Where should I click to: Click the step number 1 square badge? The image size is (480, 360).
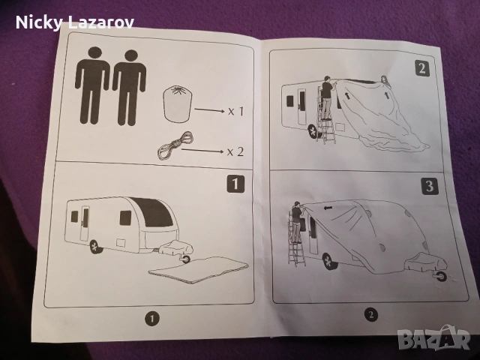[235, 184]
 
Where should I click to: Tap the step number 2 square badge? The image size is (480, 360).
[422, 68]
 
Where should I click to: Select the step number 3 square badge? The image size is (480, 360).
[430, 186]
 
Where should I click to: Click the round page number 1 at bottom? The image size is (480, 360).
[152, 319]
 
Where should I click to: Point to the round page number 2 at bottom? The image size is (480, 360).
[371, 314]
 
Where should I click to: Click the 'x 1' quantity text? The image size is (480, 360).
[236, 111]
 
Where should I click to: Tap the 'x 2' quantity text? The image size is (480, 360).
[235, 151]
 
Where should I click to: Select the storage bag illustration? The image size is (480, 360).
[178, 104]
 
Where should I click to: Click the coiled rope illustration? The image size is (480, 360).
[175, 145]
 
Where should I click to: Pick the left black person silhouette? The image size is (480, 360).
[92, 85]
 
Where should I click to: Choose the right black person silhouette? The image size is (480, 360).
[130, 87]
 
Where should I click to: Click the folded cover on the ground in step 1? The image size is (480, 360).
[198, 270]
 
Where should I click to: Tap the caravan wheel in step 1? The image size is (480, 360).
[96, 247]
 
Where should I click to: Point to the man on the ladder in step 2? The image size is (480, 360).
[327, 97]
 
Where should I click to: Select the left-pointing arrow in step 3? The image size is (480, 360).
[328, 208]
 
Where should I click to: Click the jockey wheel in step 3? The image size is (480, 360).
[441, 277]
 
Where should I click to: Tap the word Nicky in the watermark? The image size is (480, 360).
[39, 22]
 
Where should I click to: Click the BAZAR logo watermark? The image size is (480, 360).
[433, 338]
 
